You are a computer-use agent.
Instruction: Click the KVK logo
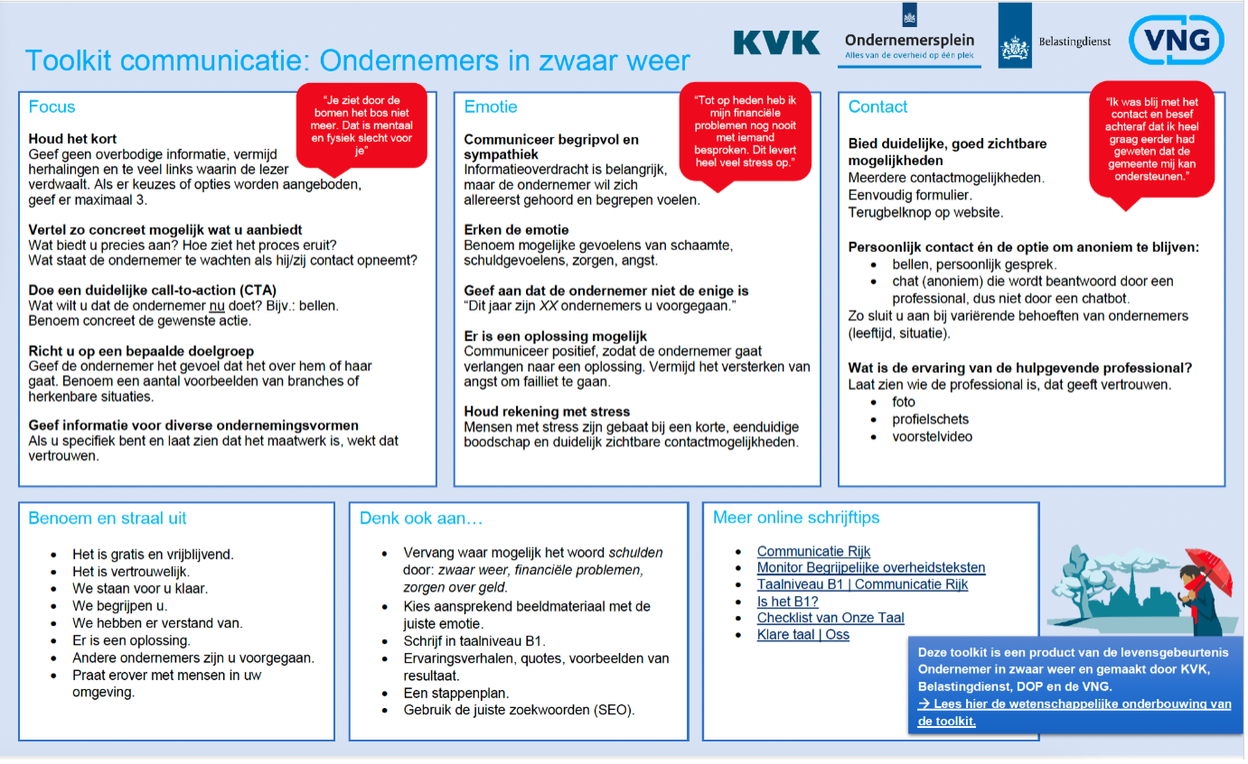click(x=776, y=42)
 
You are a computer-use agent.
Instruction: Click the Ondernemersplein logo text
click(x=909, y=40)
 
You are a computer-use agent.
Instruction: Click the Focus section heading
click(x=52, y=107)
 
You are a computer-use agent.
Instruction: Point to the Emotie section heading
click(x=491, y=107)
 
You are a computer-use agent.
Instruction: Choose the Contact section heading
click(x=877, y=107)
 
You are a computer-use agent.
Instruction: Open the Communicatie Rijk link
click(x=813, y=551)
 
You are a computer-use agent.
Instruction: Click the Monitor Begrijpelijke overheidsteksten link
click(x=871, y=568)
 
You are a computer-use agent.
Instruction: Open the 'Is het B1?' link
click(x=788, y=601)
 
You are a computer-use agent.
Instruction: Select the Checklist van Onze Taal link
click(x=830, y=618)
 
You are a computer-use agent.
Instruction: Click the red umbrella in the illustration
click(x=1212, y=569)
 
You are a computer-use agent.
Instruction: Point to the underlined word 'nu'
click(x=216, y=305)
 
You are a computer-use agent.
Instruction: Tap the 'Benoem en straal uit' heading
click(x=108, y=518)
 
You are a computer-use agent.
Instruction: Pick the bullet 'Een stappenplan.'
click(x=456, y=693)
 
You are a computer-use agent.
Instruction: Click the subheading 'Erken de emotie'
click(x=516, y=229)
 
